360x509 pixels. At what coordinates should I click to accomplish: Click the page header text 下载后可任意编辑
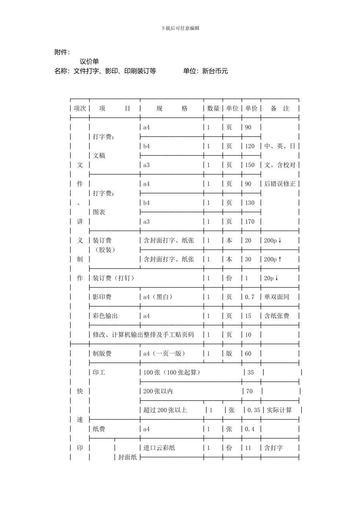pyautogui.click(x=180, y=28)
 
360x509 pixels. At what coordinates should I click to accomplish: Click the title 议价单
pyautogui.click(x=89, y=61)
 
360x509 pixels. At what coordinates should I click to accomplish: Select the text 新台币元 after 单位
pyautogui.click(x=215, y=71)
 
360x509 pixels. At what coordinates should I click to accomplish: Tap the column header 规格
pyautogui.click(x=172, y=109)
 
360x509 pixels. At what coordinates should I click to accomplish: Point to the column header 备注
pyautogui.click(x=280, y=109)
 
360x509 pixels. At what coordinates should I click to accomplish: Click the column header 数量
pyautogui.click(x=213, y=109)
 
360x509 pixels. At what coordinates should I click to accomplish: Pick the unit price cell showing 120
pyautogui.click(x=250, y=146)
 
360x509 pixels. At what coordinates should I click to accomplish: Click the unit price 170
pyautogui.click(x=250, y=222)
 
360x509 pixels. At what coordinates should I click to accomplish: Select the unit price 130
pyautogui.click(x=250, y=203)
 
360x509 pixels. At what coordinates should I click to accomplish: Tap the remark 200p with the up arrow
pyautogui.click(x=273, y=259)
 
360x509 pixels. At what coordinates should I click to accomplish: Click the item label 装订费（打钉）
pyautogui.click(x=114, y=278)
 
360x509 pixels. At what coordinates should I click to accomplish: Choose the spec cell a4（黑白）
pyautogui.click(x=158, y=297)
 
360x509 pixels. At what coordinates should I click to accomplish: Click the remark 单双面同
pyautogui.click(x=277, y=297)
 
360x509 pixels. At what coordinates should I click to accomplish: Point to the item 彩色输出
pyautogui.click(x=105, y=316)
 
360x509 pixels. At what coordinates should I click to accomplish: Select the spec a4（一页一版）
pyautogui.click(x=164, y=354)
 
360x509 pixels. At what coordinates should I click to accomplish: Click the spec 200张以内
pyautogui.click(x=158, y=391)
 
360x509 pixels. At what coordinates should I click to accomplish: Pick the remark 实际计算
pyautogui.click(x=279, y=410)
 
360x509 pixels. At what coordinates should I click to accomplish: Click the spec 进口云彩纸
pyautogui.click(x=159, y=448)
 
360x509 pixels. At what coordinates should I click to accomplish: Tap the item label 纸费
pyautogui.click(x=99, y=429)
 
